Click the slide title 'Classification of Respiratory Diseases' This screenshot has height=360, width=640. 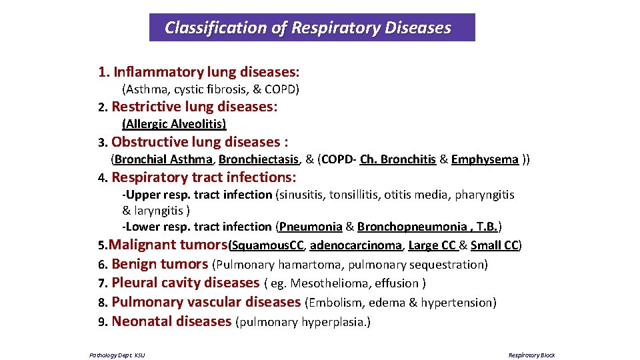pyautogui.click(x=307, y=28)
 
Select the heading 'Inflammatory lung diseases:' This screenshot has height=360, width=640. pyautogui.click(x=207, y=71)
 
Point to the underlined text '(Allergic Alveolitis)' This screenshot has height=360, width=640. pyautogui.click(x=174, y=124)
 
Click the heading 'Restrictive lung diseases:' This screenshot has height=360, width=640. pyautogui.click(x=195, y=107)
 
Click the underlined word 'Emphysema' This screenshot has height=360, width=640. pyautogui.click(x=485, y=159)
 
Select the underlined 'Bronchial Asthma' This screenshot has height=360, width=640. pyautogui.click(x=165, y=159)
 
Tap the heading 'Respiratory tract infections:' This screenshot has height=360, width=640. pyautogui.click(x=204, y=177)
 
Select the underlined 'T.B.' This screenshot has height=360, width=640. pyautogui.click(x=488, y=227)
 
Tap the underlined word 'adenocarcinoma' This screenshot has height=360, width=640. pyautogui.click(x=356, y=245)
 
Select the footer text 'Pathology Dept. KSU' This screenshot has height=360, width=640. pyautogui.click(x=117, y=355)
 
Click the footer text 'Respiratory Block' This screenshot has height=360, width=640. pyautogui.click(x=531, y=355)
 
